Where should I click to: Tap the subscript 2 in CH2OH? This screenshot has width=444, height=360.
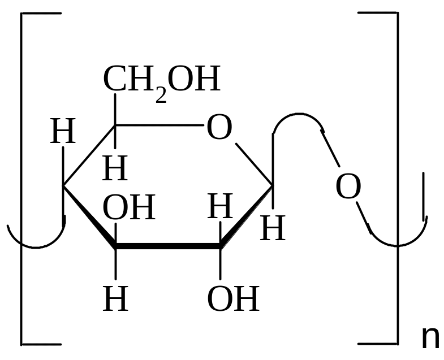click(x=161, y=96)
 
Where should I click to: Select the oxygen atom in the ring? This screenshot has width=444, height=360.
click(x=219, y=127)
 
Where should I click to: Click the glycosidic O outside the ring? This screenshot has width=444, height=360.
click(x=348, y=186)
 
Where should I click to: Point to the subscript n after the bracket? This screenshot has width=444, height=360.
click(x=430, y=337)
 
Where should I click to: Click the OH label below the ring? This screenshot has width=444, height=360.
click(x=234, y=298)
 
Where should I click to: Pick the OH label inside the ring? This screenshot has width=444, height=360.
click(x=129, y=207)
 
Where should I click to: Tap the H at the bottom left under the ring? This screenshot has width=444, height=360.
click(x=115, y=298)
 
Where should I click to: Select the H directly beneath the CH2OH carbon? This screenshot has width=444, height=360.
click(x=115, y=168)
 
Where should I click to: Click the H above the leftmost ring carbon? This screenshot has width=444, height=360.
click(x=63, y=131)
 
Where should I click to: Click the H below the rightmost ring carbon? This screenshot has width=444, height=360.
click(x=273, y=228)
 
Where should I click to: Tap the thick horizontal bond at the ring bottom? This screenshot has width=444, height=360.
click(x=167, y=246)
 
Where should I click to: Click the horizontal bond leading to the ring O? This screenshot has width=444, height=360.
click(x=159, y=125)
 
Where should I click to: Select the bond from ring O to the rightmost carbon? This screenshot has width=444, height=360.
click(x=254, y=164)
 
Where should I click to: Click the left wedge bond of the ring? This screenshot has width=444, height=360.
click(x=89, y=216)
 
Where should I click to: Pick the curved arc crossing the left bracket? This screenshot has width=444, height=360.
click(x=36, y=248)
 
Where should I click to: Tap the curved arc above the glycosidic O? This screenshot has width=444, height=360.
click(x=299, y=114)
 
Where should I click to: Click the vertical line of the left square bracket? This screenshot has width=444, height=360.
click(x=21, y=179)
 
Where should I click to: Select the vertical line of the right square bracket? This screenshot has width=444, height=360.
click(x=398, y=178)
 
